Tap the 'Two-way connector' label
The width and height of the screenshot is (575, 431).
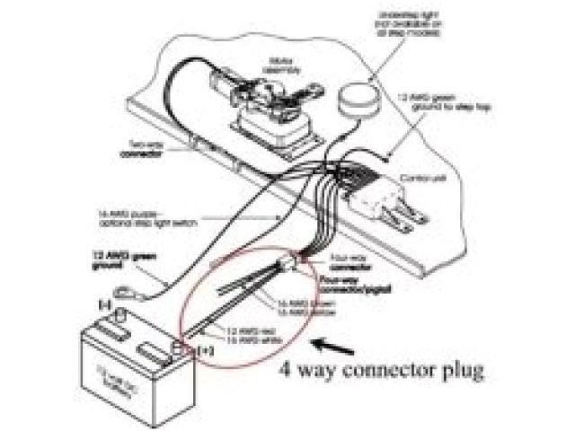[139, 149]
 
